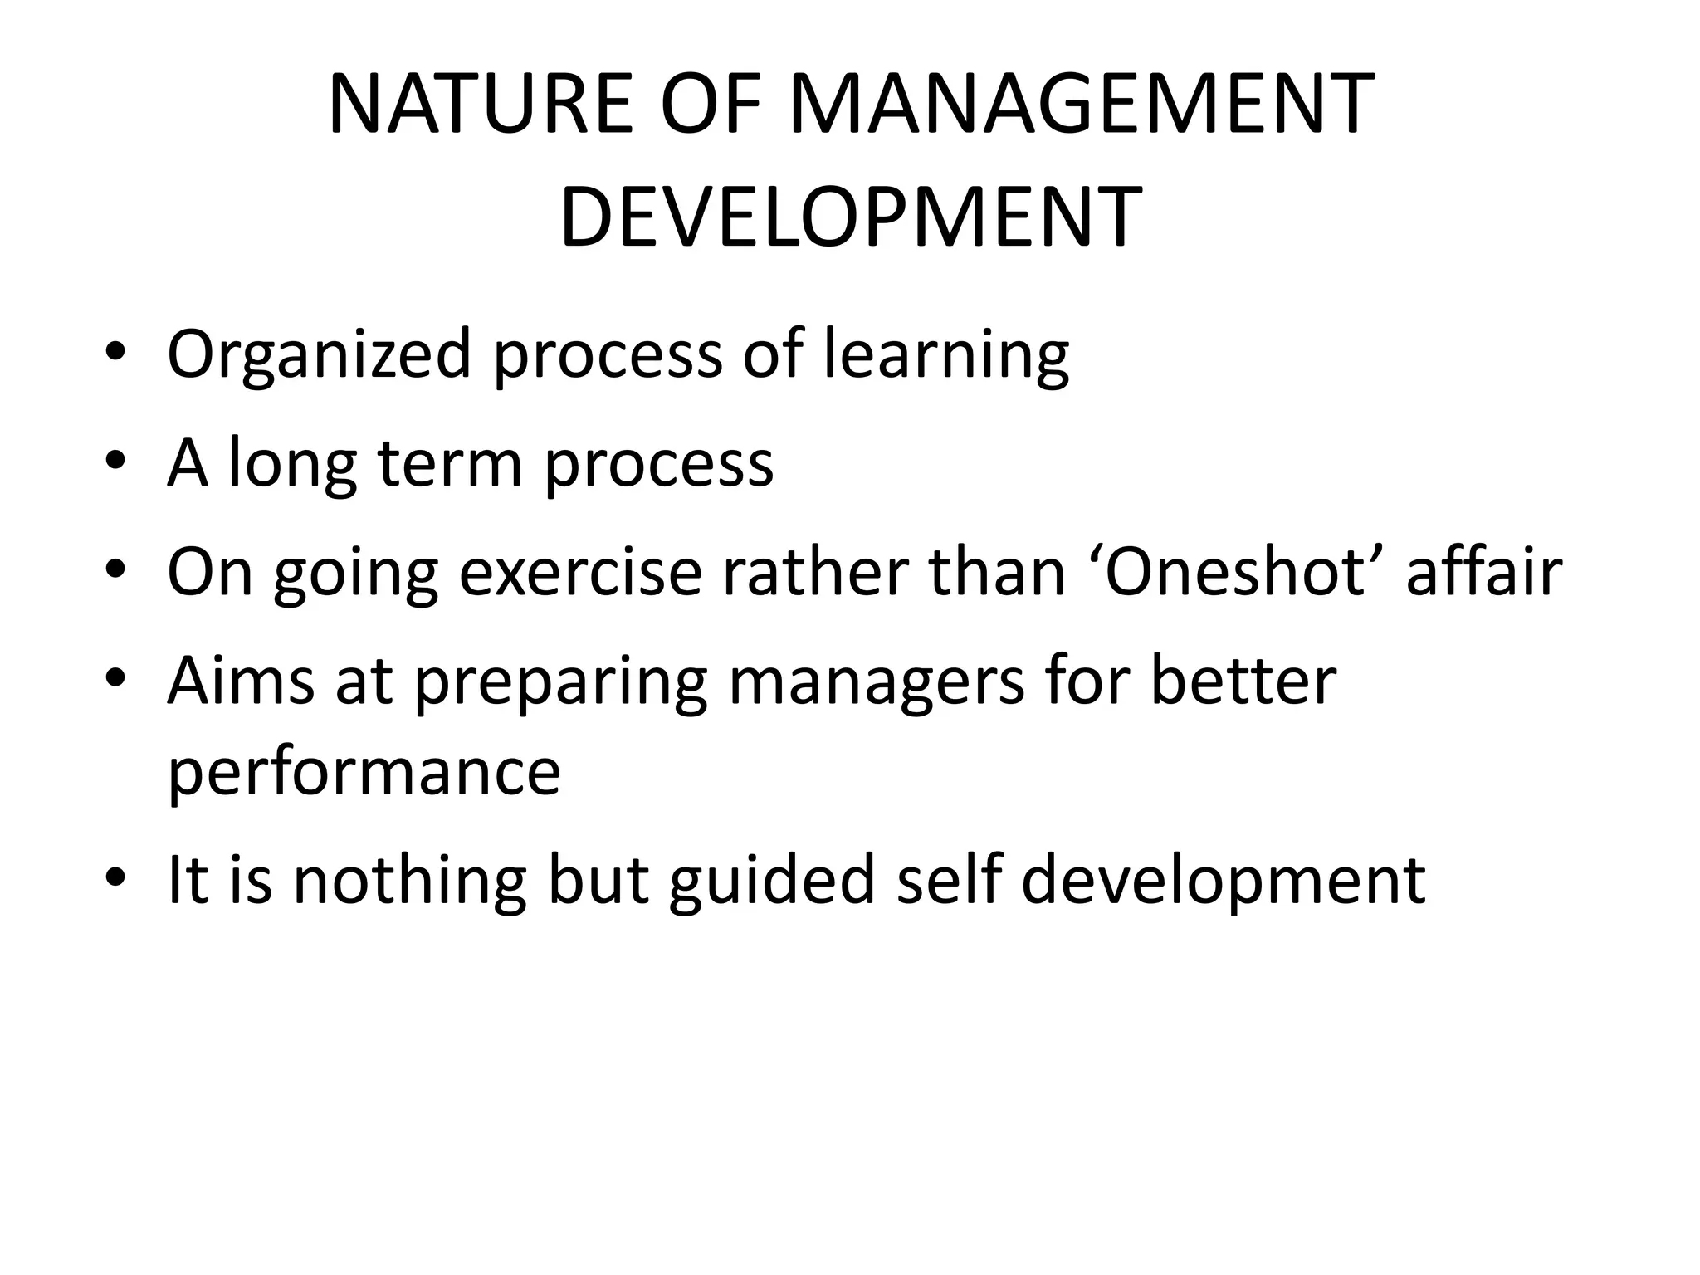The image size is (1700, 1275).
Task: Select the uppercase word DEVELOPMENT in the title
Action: coord(850,217)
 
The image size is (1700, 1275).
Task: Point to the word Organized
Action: coord(320,355)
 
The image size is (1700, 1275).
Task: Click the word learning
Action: coord(945,355)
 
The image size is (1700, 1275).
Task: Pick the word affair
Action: coord(1484,572)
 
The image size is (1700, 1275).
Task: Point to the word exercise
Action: coord(580,572)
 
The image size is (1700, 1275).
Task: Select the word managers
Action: coord(876,682)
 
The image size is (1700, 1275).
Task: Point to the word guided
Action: coord(772,880)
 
